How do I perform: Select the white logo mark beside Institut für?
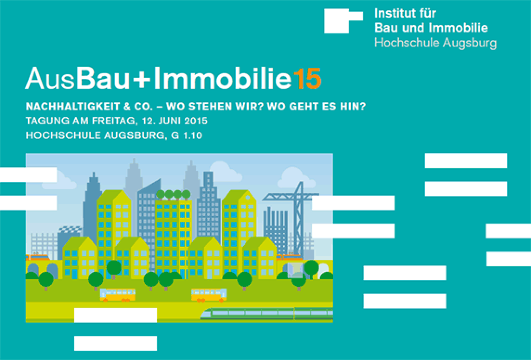click(343, 20)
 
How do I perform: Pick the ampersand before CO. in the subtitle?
click(127, 107)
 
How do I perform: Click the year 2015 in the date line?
click(196, 121)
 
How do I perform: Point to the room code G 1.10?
click(187, 135)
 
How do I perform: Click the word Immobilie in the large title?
click(223, 78)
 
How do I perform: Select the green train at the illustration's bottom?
click(266, 314)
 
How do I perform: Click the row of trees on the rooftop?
click(173, 195)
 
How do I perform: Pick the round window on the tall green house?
click(247, 197)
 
